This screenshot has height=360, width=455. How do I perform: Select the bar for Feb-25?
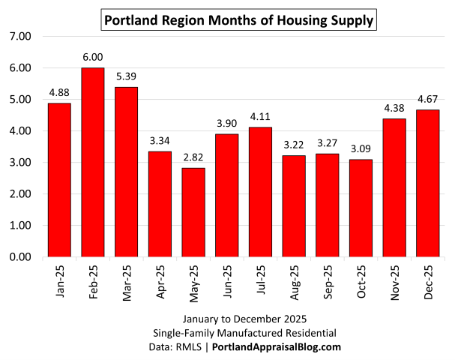click(x=93, y=162)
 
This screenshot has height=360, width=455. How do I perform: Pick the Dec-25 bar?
click(x=428, y=183)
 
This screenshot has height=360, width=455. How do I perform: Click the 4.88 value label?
click(x=59, y=93)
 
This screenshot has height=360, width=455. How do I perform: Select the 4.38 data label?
click(x=394, y=109)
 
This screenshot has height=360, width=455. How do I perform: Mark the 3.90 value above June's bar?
click(x=227, y=124)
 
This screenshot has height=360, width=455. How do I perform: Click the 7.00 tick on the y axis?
click(x=19, y=36)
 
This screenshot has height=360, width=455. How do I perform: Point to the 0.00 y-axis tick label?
click(x=19, y=257)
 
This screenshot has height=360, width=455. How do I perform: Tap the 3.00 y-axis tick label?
click(x=19, y=163)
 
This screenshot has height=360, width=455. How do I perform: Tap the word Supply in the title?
click(x=350, y=20)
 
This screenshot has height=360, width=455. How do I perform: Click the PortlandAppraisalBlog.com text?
click(x=277, y=346)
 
